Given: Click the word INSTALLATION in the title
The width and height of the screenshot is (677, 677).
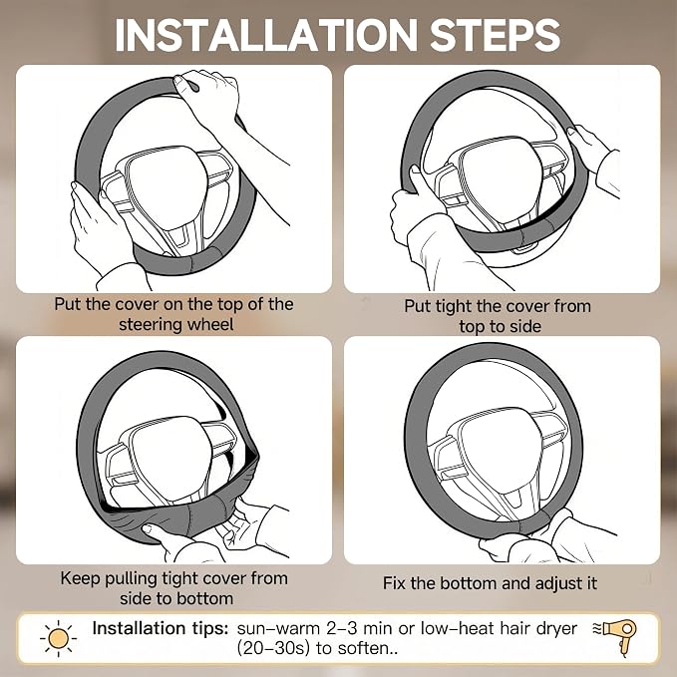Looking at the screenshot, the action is [x=266, y=35].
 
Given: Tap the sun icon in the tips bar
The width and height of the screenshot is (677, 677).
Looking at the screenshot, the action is [x=58, y=638].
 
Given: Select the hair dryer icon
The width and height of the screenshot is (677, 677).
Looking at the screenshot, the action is [x=616, y=635].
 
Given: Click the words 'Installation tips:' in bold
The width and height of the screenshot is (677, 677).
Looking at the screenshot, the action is [x=161, y=628].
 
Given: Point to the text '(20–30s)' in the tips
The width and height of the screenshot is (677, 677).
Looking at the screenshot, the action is [x=272, y=648].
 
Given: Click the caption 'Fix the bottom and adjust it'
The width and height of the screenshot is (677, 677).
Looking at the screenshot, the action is [x=490, y=583].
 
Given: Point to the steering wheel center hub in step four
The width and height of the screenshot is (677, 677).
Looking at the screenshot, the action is [x=494, y=452].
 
